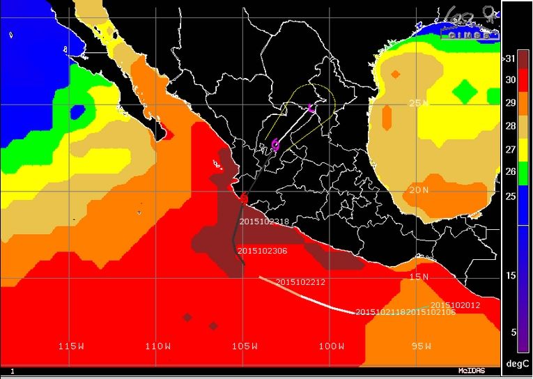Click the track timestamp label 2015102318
point(264,222)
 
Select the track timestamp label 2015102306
point(262,251)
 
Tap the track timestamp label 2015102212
point(300,282)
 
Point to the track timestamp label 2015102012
point(455,305)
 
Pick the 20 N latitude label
point(417,190)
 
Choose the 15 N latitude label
point(417,277)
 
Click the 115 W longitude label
point(71,346)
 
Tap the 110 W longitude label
point(158,346)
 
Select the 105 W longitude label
point(245,346)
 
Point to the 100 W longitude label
point(332,346)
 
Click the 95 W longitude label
point(420,346)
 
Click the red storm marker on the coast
point(244,199)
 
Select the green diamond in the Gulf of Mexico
point(464,91)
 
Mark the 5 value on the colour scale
point(513,332)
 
